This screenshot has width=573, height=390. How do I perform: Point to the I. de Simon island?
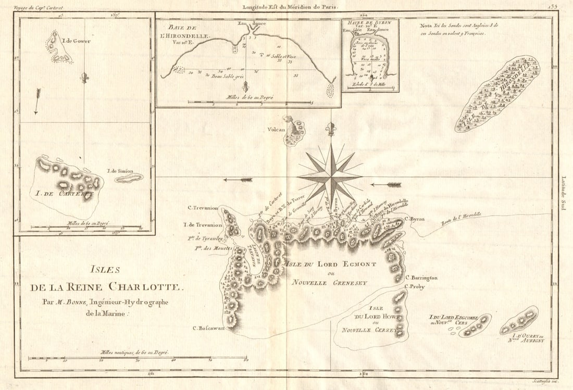(129, 178)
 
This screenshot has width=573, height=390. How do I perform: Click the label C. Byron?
(415, 219)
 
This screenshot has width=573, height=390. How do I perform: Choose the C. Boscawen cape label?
(208, 328)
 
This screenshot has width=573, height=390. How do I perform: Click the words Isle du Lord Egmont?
(323, 264)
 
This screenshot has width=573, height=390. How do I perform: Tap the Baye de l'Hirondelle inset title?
(188, 30)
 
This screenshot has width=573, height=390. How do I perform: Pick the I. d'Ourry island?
(519, 320)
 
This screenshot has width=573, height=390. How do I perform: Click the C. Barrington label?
(421, 278)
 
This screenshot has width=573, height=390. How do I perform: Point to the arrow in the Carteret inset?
(37, 101)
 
